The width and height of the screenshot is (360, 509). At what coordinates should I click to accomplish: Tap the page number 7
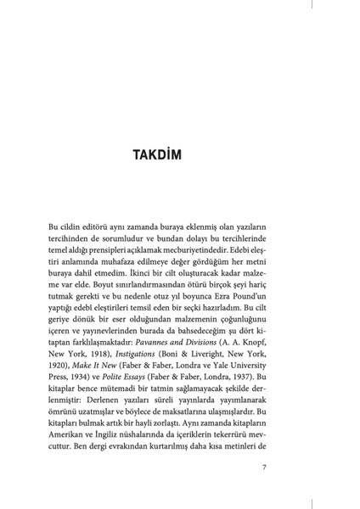click(265, 467)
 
